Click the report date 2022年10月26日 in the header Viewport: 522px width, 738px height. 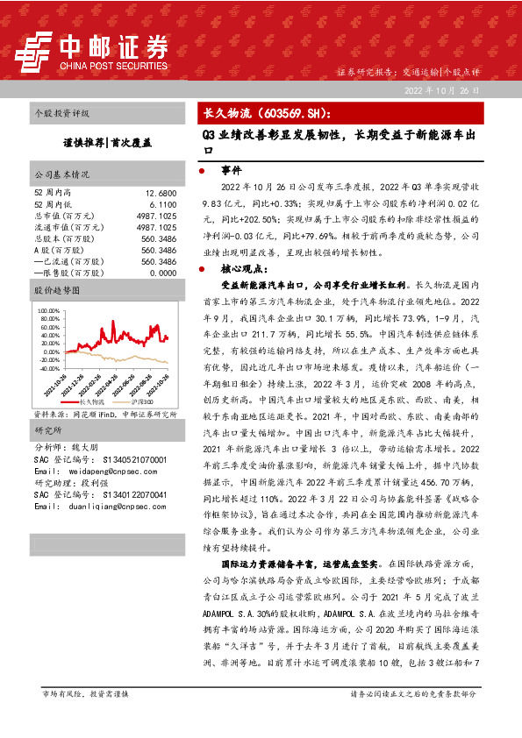441,91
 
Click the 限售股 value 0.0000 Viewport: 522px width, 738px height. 162,273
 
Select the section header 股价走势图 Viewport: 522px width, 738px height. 56,289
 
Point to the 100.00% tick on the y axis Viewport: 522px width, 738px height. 46,310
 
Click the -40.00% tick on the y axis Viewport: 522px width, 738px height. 46,369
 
